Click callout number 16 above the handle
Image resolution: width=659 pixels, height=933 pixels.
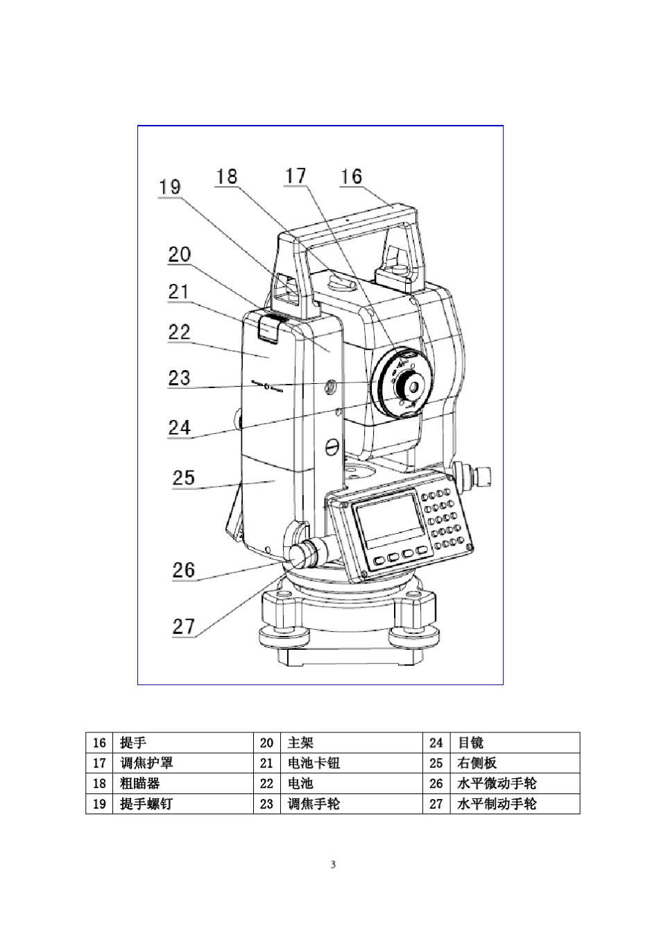click(351, 176)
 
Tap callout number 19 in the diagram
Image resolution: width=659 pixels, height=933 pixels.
click(169, 187)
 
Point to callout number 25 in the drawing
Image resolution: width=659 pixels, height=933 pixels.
click(184, 478)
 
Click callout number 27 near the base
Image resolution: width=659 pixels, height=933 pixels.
click(184, 626)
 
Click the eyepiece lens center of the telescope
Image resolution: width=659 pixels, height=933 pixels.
click(413, 384)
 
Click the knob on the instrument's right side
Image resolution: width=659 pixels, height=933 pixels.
click(479, 475)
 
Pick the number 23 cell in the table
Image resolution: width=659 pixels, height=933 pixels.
click(266, 804)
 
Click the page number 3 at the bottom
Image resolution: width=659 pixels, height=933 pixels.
click(332, 864)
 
